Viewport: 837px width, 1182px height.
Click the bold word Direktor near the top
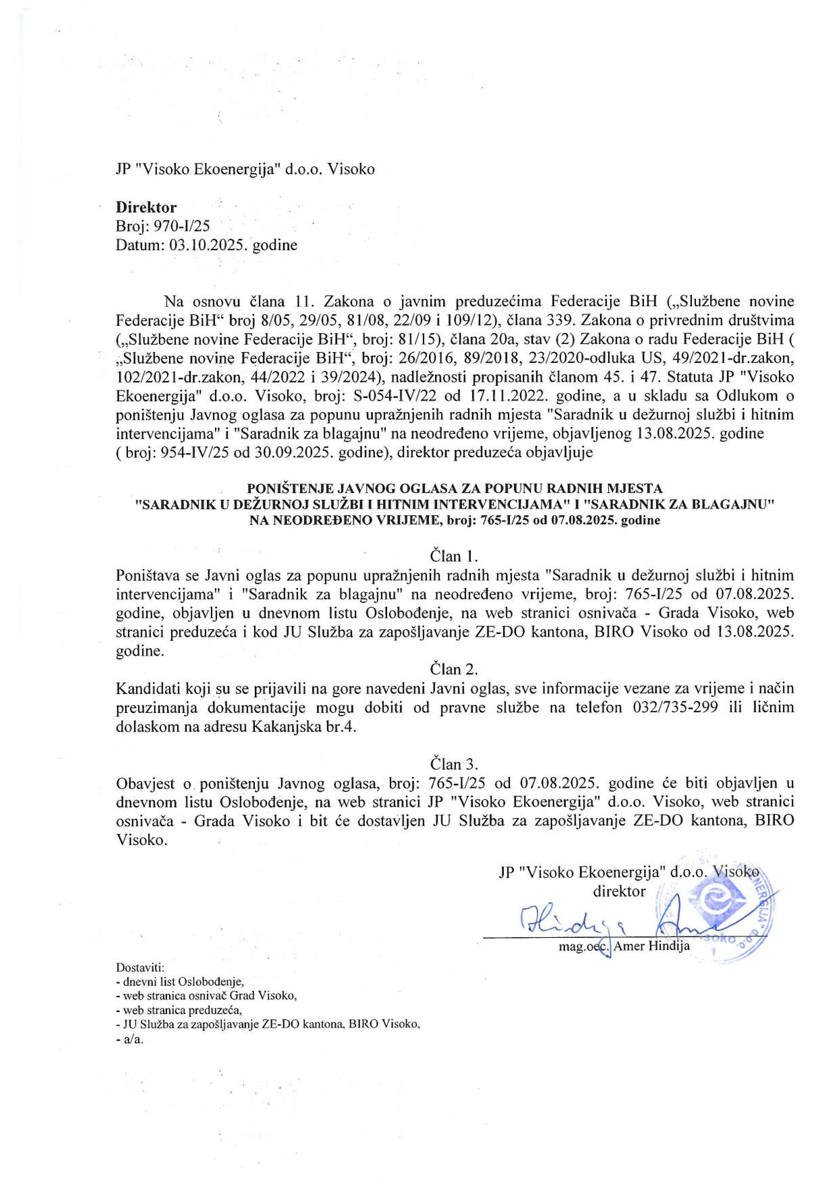point(146,207)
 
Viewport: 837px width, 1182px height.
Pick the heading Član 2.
point(454,669)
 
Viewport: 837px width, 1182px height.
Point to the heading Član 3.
point(454,763)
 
